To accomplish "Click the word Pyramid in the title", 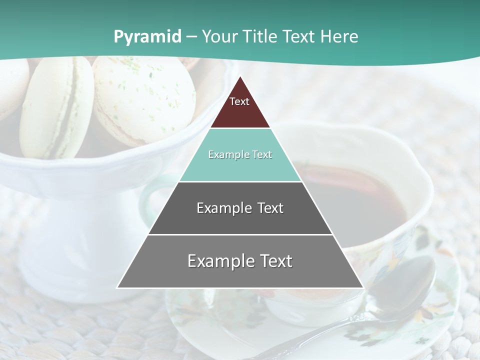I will point(147,37).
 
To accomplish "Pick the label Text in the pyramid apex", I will point(239,101).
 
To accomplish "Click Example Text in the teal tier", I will point(240,154).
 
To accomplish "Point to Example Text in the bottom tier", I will point(240,261).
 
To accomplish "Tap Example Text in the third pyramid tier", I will point(240,208).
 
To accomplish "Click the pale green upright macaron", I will point(55,107).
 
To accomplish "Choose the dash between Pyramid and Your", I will point(191,37).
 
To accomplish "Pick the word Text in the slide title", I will point(299,37).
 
